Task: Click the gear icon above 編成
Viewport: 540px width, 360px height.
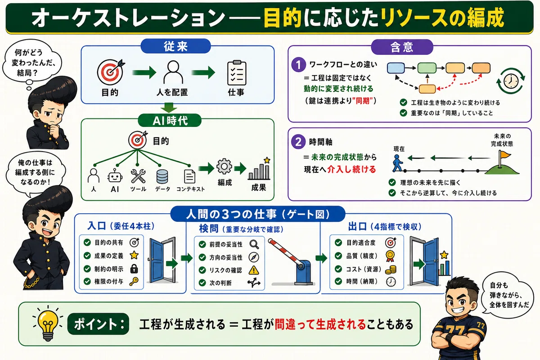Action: coord(224,166)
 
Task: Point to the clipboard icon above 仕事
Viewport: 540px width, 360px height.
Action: coord(237,72)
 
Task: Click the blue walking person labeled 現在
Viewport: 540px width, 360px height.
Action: coord(397,163)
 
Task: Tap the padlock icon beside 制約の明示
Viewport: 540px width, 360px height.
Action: coord(134,268)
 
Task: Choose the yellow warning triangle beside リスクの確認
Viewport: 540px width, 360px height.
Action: coord(254,270)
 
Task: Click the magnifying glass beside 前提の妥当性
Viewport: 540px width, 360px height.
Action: coord(254,244)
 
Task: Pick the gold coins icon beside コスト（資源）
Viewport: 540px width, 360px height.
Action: coord(391,270)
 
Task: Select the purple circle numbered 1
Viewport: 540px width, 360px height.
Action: coord(298,65)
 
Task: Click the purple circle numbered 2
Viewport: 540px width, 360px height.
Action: coord(298,142)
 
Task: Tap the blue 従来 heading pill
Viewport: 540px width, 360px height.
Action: coord(175,46)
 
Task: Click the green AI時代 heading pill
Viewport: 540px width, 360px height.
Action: coord(170,120)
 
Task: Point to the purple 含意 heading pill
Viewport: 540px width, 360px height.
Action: coord(402,47)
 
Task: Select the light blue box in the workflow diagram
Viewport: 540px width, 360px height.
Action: coord(396,68)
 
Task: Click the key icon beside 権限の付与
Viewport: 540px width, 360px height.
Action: coord(134,281)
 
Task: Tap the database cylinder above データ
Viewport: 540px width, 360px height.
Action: coord(162,177)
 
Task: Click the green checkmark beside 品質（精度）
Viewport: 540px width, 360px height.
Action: coord(338,256)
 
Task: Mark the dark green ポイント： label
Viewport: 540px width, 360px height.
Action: coord(98,324)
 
